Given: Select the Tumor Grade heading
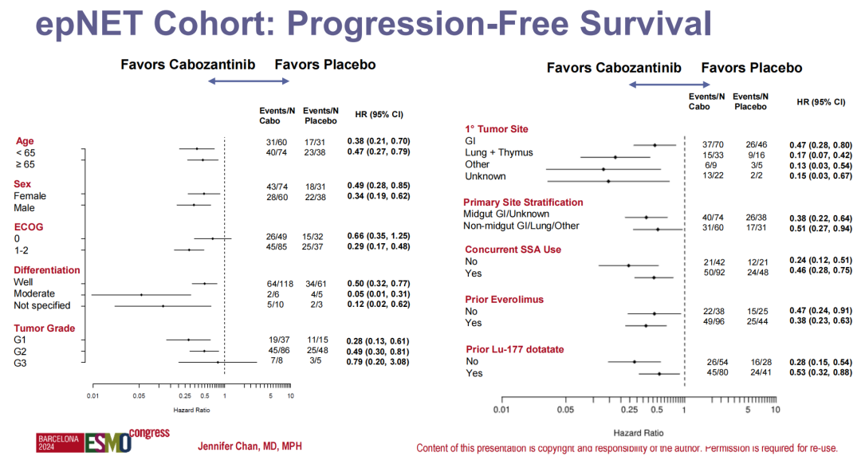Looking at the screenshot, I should (x=45, y=328).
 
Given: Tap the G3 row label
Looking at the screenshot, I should (x=20, y=364).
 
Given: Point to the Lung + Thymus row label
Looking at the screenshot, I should (x=498, y=152).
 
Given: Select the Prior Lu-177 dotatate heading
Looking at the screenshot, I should (x=514, y=349).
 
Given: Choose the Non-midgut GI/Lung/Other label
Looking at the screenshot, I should (x=521, y=226).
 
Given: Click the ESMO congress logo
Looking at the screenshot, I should (x=104, y=440).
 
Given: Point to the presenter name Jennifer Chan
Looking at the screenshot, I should (x=250, y=446).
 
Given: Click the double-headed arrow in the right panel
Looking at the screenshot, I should (x=657, y=85).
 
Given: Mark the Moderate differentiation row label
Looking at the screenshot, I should (x=35, y=294).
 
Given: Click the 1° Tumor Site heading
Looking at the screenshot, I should (x=496, y=129).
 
